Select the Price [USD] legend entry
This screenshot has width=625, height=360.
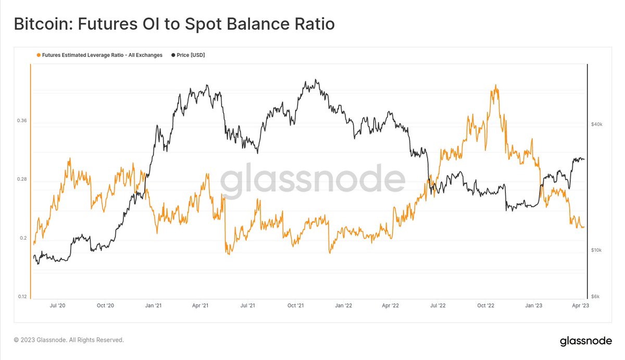188,55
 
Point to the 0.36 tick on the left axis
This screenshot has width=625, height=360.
21,121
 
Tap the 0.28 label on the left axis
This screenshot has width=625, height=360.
21,179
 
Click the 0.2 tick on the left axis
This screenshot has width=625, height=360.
23,238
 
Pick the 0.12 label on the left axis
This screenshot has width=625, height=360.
21,296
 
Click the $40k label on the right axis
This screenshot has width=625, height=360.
597,125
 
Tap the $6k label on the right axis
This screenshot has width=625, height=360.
596,296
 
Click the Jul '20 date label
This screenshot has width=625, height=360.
58,306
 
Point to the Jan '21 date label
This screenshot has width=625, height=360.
152,306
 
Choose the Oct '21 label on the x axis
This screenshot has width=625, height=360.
295,306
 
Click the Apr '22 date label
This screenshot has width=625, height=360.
391,306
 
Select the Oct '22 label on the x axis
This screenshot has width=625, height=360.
486,306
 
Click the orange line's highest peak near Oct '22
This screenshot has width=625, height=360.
495,85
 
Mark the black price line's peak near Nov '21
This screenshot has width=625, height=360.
316,80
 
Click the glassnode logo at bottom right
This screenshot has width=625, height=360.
585,341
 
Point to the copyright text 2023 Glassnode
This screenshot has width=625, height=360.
69,340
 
